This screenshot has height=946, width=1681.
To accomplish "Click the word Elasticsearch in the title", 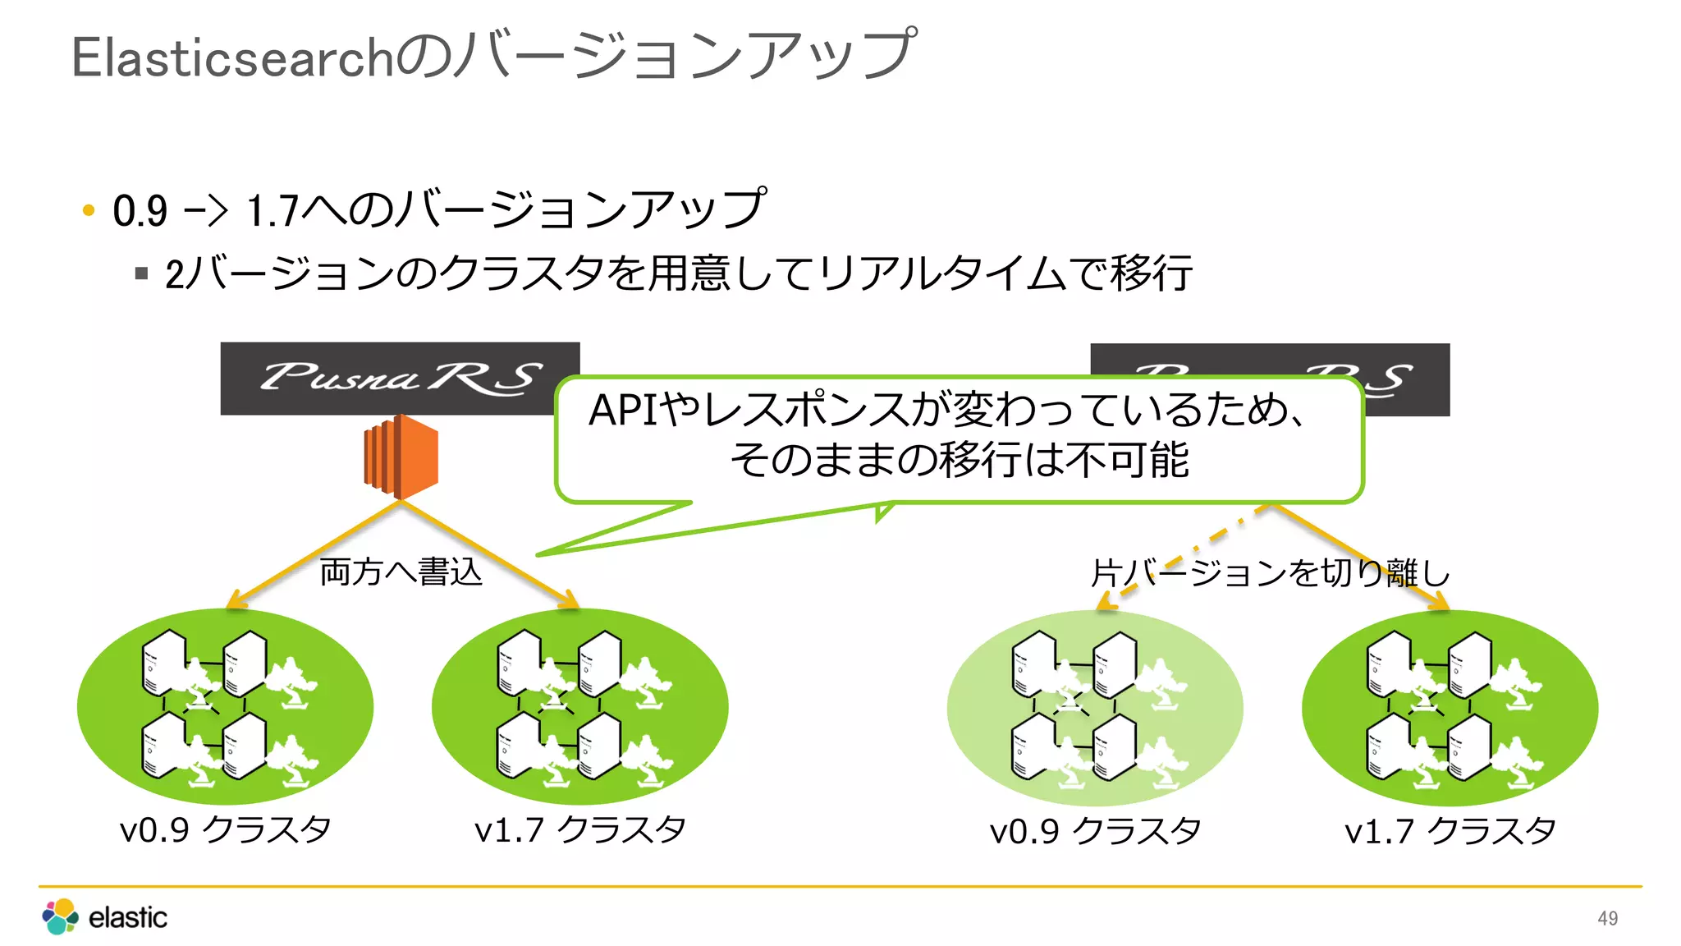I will [x=233, y=57].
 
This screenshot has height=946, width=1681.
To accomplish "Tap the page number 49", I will [x=1607, y=918].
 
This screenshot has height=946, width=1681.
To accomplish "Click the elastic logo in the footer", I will [x=104, y=916].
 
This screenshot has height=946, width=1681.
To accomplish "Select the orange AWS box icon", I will [x=401, y=457].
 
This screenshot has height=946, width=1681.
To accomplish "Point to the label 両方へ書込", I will [x=401, y=572].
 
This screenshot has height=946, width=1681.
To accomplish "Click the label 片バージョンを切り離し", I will [x=1270, y=573].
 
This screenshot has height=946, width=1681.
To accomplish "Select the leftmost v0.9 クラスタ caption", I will [x=225, y=829].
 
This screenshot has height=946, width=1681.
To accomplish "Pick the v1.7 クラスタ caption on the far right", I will [x=1450, y=831].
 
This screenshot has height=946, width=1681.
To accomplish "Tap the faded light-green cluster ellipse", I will [x=1095, y=708].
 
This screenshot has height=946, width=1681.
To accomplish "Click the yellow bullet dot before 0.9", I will [x=89, y=210].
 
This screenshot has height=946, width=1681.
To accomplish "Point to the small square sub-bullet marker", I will [x=141, y=273].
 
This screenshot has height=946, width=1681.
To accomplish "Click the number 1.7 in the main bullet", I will [x=273, y=211].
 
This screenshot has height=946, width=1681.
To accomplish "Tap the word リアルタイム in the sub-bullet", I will [x=943, y=273].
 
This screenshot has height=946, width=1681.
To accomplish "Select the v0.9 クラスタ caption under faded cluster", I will [x=1095, y=831].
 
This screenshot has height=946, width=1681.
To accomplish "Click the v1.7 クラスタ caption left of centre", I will [x=579, y=829].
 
